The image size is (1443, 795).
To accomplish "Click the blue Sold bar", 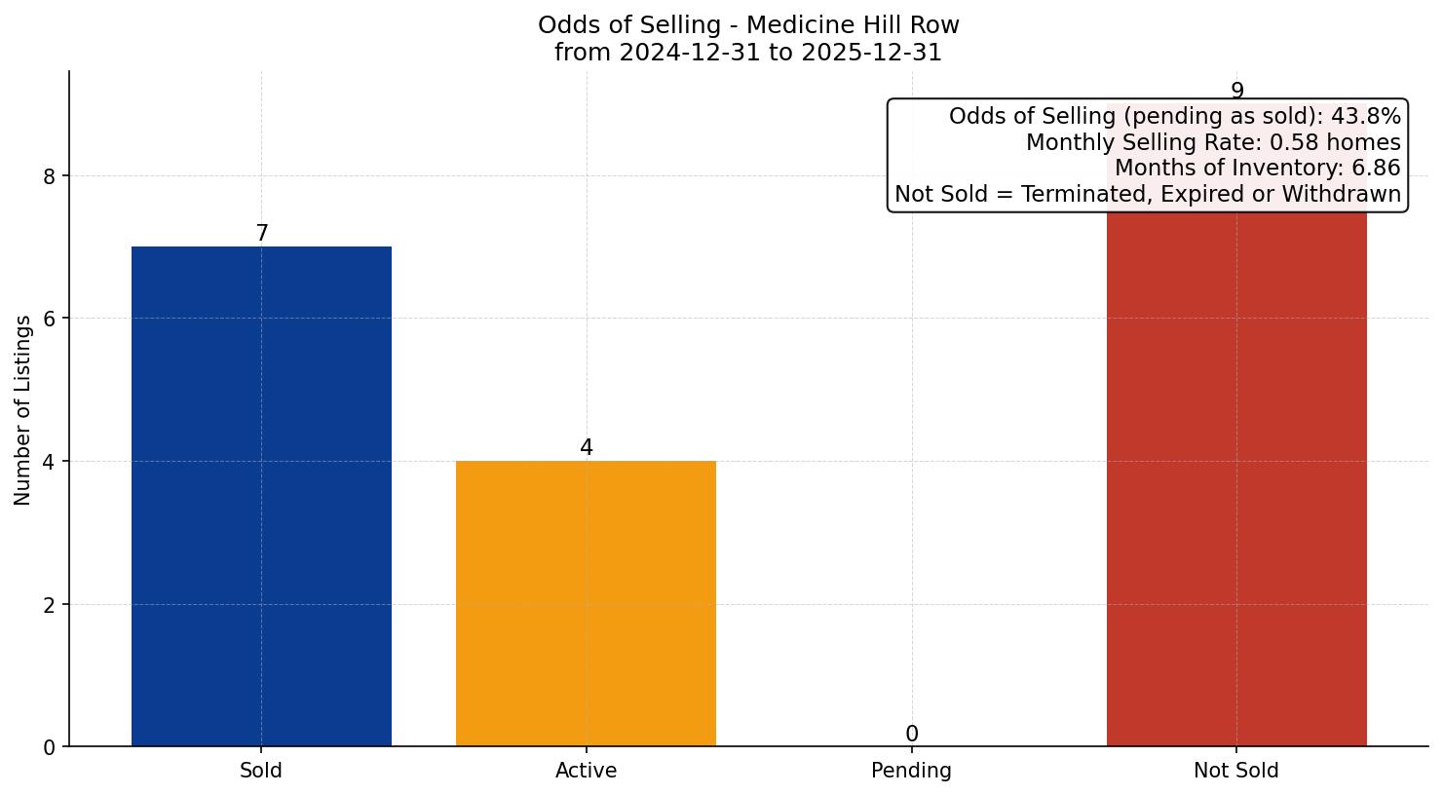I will pos(261,496).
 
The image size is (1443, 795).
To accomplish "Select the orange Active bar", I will pos(586,603).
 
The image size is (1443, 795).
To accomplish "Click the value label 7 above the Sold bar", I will pos(261,234).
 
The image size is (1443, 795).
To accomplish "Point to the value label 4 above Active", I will pos(586,448).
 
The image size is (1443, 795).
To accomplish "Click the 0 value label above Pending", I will pos(911,735).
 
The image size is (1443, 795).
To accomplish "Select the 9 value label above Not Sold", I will pos(1236,92).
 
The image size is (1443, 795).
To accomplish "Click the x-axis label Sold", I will pos(261,771).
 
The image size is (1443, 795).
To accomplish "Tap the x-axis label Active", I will pos(586,771).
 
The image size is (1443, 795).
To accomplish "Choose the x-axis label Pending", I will pos(911,771).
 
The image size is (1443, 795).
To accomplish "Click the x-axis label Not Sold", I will pos(1236,771).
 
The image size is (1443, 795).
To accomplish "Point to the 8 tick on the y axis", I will pos(51,176).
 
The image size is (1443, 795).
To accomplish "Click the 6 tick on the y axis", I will pos(51,319).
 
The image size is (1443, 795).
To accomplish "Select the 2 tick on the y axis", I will pos(51,604).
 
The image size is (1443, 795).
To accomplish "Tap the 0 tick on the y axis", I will pos(51,747).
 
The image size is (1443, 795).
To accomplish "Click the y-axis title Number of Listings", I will pos(23,410).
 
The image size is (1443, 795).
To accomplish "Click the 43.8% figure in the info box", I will pos(1365,117).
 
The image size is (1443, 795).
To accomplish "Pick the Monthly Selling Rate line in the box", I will pos(1212,142).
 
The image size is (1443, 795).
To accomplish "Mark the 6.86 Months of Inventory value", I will pos(1375,168).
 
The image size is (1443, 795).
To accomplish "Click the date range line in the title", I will pos(747,53).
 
